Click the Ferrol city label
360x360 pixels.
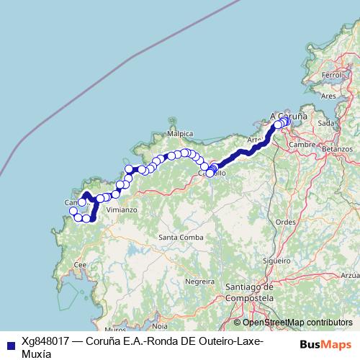tap(332, 74)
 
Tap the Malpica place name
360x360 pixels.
tap(180, 134)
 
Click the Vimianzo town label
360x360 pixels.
tap(122, 210)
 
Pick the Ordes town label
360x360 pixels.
tap(285, 222)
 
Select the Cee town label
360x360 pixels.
tap(81, 264)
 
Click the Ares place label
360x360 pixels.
tap(329, 95)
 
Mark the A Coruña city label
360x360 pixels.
tap(289, 115)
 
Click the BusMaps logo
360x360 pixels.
tap(327, 344)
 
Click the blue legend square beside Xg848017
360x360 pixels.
tap(9, 344)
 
